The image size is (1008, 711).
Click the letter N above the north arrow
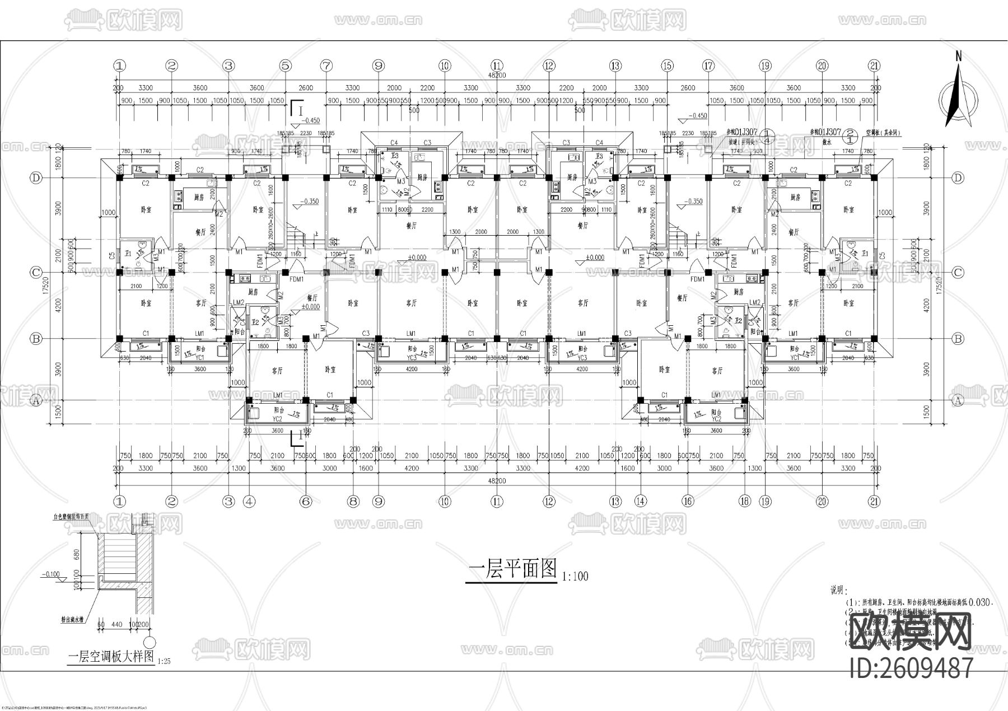point(959,56)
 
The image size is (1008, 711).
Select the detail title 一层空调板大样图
point(110,657)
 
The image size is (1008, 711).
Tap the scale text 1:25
point(164,661)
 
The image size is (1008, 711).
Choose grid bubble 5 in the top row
point(286,66)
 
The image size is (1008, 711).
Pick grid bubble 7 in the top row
point(326,66)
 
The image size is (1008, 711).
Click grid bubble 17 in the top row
point(708,66)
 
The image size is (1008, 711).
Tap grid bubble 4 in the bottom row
point(249,502)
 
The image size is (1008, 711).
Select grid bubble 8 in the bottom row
point(353,502)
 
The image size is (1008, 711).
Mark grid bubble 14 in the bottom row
point(641,502)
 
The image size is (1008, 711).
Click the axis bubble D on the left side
point(36,178)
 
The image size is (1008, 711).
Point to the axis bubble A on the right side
point(958,400)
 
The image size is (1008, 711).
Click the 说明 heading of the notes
point(838,591)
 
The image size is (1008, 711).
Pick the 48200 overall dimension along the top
point(497,75)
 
